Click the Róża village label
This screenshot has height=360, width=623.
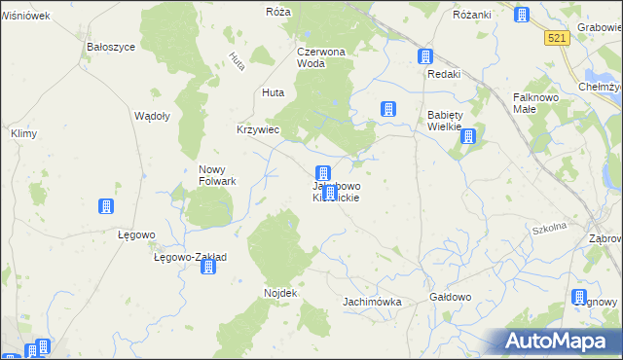pos(278,12)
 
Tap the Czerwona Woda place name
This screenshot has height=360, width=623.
pos(324,57)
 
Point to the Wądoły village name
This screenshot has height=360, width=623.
pos(152,115)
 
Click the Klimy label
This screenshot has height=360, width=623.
pos(22,132)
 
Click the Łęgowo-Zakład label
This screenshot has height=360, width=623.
pos(191,258)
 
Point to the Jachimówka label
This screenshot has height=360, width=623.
pos(372,302)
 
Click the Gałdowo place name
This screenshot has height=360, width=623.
pos(450,297)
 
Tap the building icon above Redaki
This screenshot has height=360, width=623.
pos(425,57)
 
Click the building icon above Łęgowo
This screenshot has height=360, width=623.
pos(105,206)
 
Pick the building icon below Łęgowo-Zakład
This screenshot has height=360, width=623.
pos(207,266)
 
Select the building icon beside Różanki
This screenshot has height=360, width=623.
pos(522,16)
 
